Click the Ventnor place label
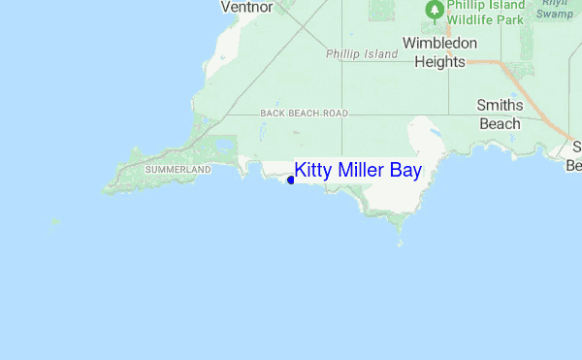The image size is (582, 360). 246,7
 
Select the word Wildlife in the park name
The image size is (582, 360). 474,18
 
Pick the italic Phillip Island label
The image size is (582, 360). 362,54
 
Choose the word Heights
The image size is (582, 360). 439,61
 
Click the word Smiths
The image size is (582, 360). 500,106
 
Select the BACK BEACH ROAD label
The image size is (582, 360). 304,114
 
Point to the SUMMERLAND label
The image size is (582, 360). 178,170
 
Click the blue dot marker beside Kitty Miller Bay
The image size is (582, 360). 291,180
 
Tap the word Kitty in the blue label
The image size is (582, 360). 312,171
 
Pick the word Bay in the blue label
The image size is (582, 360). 405,171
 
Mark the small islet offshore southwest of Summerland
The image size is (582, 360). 54,222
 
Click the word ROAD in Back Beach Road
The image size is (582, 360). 335,114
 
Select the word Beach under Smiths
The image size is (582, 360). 500,123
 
